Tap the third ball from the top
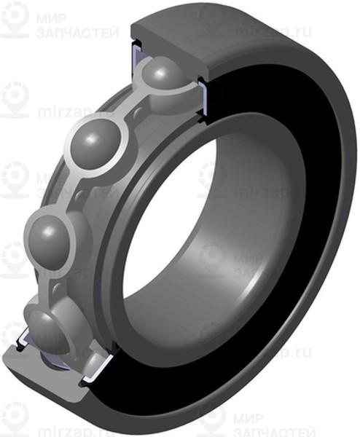coord(52,234)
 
